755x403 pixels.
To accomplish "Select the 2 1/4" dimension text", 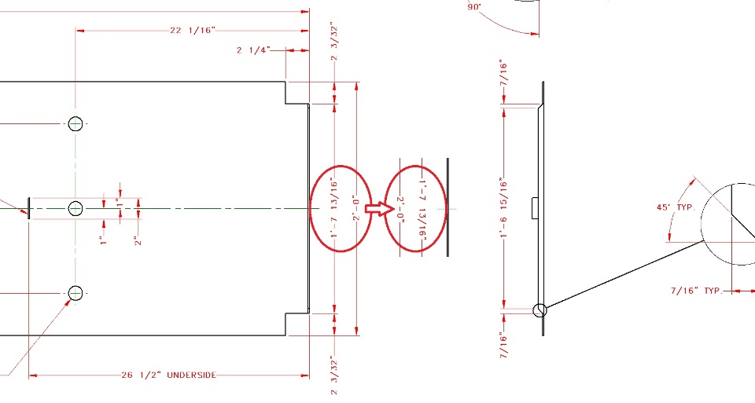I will click(x=253, y=49).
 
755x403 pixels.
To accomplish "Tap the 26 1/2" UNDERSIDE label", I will click(x=168, y=375).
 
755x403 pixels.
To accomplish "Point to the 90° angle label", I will click(x=474, y=7).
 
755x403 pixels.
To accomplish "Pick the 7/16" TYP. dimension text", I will click(x=696, y=291).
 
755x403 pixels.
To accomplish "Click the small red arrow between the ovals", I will click(x=377, y=208).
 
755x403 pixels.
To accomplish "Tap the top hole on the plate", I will click(x=75, y=123).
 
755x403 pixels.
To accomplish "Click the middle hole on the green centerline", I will click(x=75, y=208).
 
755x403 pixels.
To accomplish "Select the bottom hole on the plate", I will click(x=75, y=293).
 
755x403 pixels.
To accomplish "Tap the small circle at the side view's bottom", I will click(x=540, y=310).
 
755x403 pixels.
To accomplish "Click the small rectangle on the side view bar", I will click(x=535, y=207).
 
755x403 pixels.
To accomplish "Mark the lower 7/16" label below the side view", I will click(x=504, y=345).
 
